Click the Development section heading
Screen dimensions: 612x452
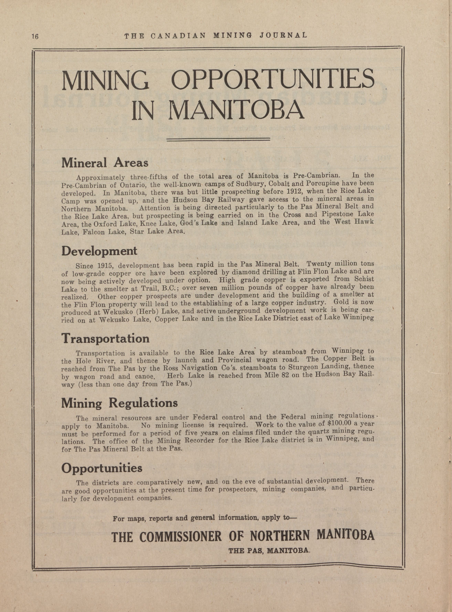[x=99, y=251]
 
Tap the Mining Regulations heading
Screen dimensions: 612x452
[x=119, y=403]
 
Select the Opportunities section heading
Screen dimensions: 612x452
[x=102, y=468]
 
